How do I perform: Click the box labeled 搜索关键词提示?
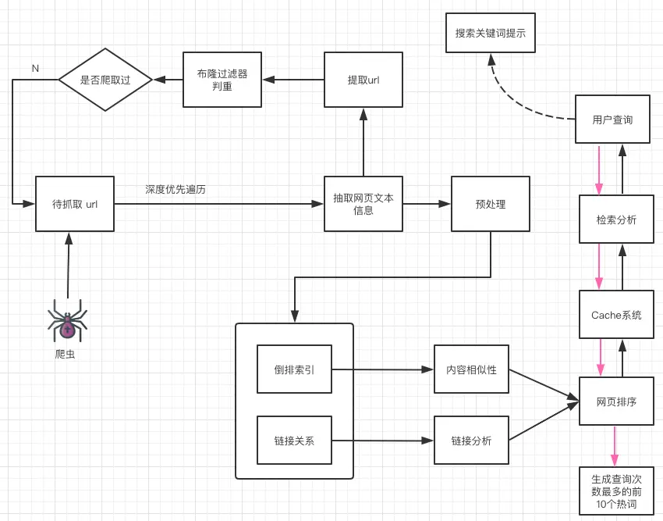pos(491,33)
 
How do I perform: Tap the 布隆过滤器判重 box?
pos(222,80)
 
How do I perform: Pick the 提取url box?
pos(363,80)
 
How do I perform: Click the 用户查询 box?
pos(612,120)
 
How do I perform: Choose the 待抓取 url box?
pos(75,204)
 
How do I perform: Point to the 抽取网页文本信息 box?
pos(363,204)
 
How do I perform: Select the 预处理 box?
pos(491,204)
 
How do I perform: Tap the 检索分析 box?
pos(616,219)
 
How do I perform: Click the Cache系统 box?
pos(616,315)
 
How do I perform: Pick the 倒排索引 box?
pos(294,369)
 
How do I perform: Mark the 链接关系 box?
pos(294,441)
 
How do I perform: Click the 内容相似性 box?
pos(471,369)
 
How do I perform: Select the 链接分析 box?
pos(471,441)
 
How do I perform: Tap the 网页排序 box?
pos(616,401)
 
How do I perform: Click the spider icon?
pos(68,319)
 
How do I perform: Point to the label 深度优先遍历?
pos(175,189)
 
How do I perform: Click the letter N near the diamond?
pos(35,69)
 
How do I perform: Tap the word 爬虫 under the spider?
pos(66,354)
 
